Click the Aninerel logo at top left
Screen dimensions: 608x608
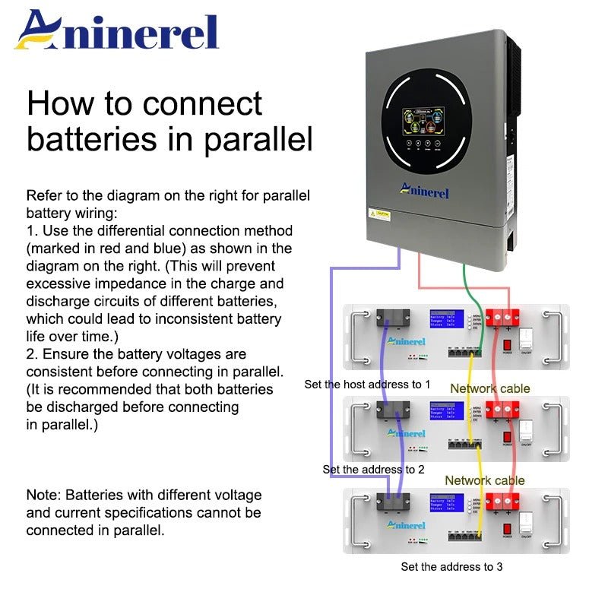coord(117,31)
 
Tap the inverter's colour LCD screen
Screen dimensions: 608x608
coord(428,122)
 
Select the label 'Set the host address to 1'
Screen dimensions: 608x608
coord(367,385)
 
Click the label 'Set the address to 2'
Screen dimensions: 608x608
coord(373,470)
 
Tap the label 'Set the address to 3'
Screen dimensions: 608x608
coord(451,566)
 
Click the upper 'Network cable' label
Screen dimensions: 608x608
coord(489,388)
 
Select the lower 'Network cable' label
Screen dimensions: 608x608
coord(484,480)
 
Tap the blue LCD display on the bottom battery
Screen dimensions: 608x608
coord(446,503)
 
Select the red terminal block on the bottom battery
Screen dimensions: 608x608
coord(502,501)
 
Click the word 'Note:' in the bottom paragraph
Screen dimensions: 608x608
coord(43,495)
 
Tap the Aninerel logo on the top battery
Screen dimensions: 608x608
coord(406,342)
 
